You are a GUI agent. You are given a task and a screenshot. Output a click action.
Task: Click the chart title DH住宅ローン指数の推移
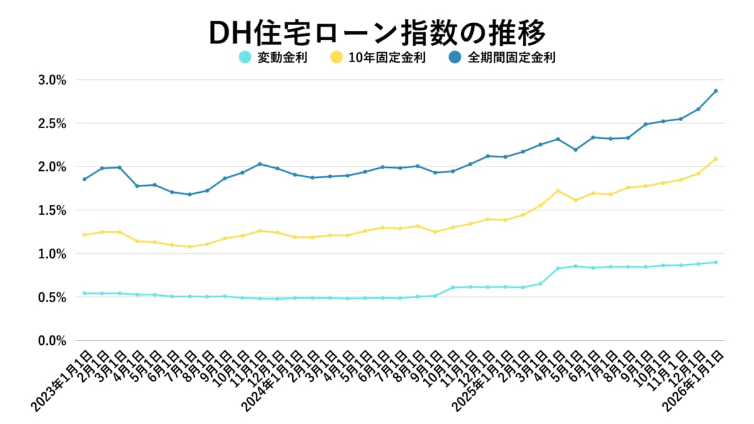[x=377, y=31]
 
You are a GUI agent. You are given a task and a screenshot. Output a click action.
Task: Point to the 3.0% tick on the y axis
[x=52, y=80]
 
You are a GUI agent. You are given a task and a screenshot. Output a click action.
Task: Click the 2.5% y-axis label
[x=52, y=124]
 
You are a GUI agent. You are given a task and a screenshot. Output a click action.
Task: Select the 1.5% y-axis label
[x=52, y=210]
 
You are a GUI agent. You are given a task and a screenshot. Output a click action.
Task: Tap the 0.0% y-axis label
[x=52, y=340]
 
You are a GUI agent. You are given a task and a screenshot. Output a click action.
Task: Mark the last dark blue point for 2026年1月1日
[x=716, y=91]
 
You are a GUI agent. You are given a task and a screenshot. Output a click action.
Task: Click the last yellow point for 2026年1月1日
[x=716, y=159]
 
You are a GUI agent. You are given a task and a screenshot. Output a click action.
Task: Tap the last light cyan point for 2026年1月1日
[x=716, y=262]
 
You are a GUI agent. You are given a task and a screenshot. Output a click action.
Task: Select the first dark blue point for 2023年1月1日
[x=84, y=179]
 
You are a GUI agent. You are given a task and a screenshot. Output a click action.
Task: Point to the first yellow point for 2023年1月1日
[x=84, y=235]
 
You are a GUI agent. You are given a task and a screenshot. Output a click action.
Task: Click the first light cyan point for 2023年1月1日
[x=84, y=293]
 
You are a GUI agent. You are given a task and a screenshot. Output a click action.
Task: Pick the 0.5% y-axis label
[x=52, y=297]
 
